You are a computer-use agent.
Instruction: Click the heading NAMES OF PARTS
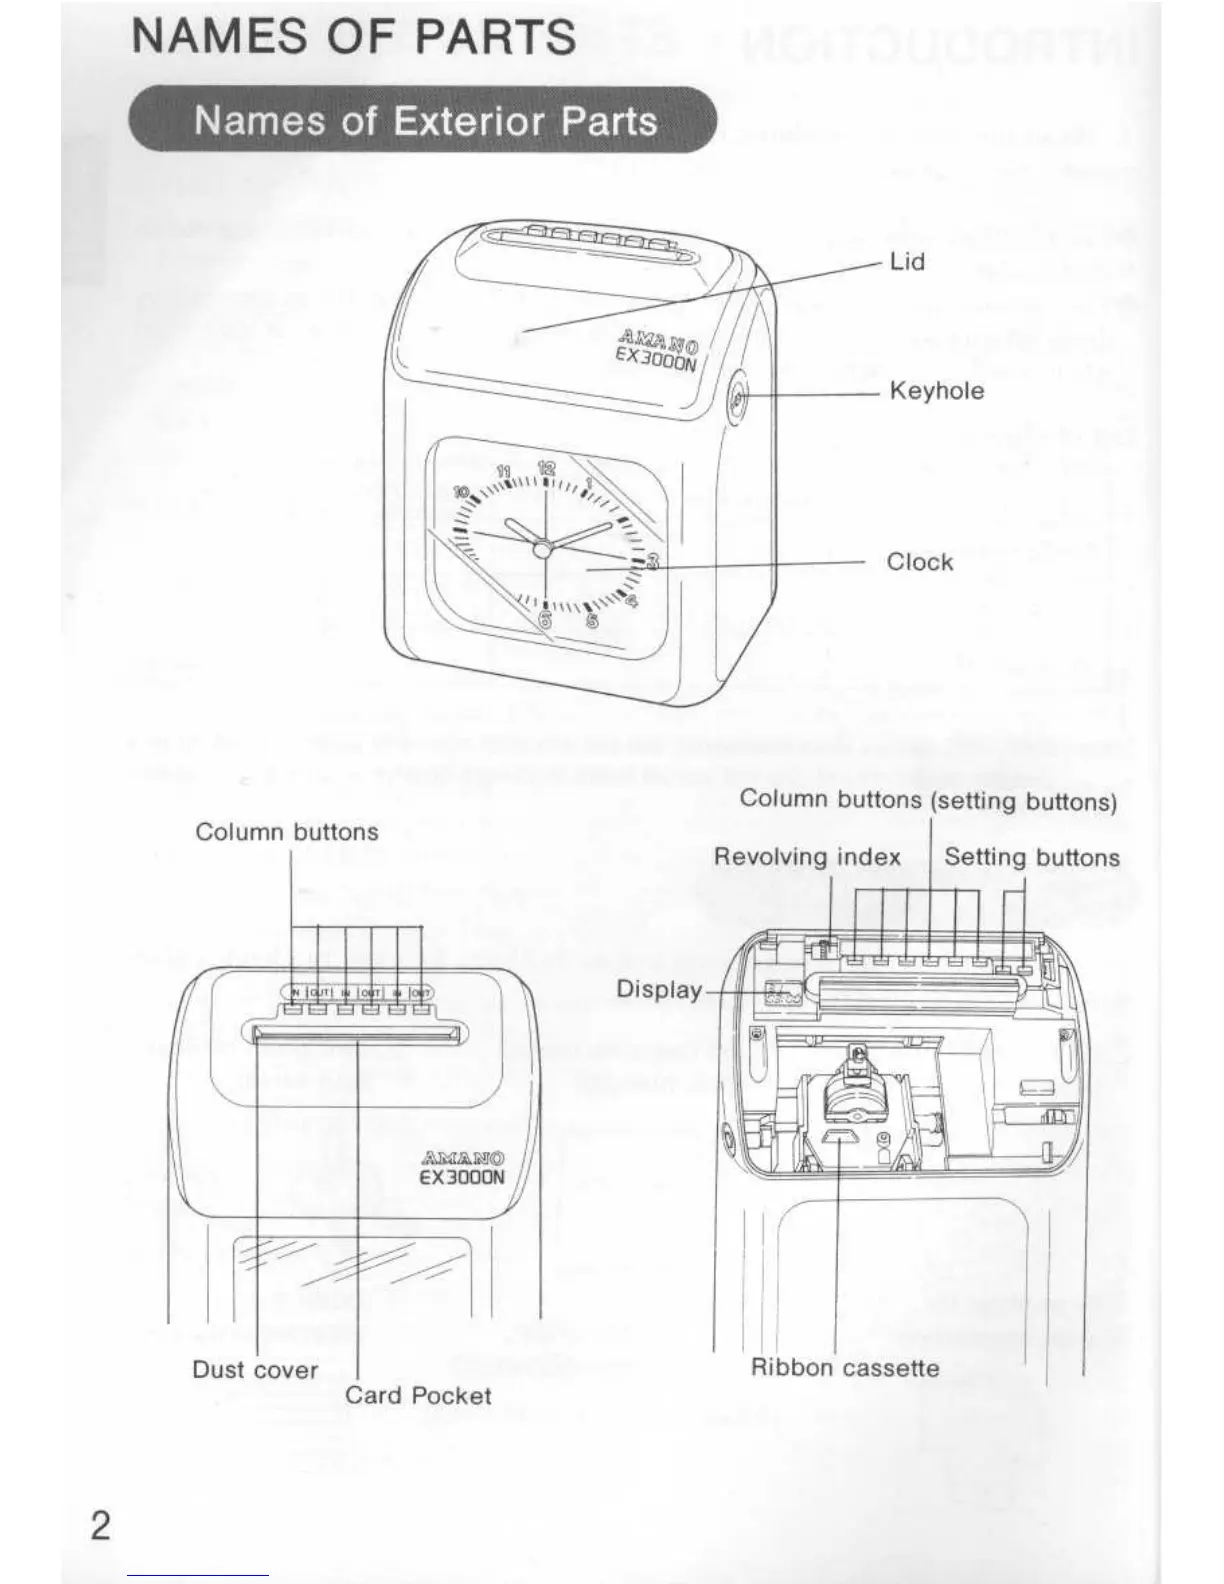pyautogui.click(x=354, y=37)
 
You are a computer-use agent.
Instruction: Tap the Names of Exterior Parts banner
pyautogui.click(x=424, y=121)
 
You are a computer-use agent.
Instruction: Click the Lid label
pyautogui.click(x=907, y=262)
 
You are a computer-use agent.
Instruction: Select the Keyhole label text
pyautogui.click(x=936, y=391)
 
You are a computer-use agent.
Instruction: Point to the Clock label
pyautogui.click(x=919, y=562)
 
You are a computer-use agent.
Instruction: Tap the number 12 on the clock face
pyautogui.click(x=546, y=467)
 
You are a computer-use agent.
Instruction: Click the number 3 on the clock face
pyautogui.click(x=652, y=561)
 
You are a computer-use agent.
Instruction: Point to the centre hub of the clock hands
pyautogui.click(x=542, y=548)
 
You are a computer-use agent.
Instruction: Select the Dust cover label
pyautogui.click(x=255, y=1370)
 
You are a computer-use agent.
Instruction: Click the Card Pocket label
pyautogui.click(x=418, y=1396)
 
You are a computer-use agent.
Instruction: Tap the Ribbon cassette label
pyautogui.click(x=845, y=1368)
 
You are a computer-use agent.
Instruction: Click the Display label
pyautogui.click(x=658, y=990)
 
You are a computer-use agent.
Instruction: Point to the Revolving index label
pyautogui.click(x=807, y=858)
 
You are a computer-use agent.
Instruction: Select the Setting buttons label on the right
pyautogui.click(x=1031, y=858)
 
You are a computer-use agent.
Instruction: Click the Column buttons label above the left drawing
pyautogui.click(x=287, y=832)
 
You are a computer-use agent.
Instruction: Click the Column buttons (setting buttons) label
pyautogui.click(x=927, y=800)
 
